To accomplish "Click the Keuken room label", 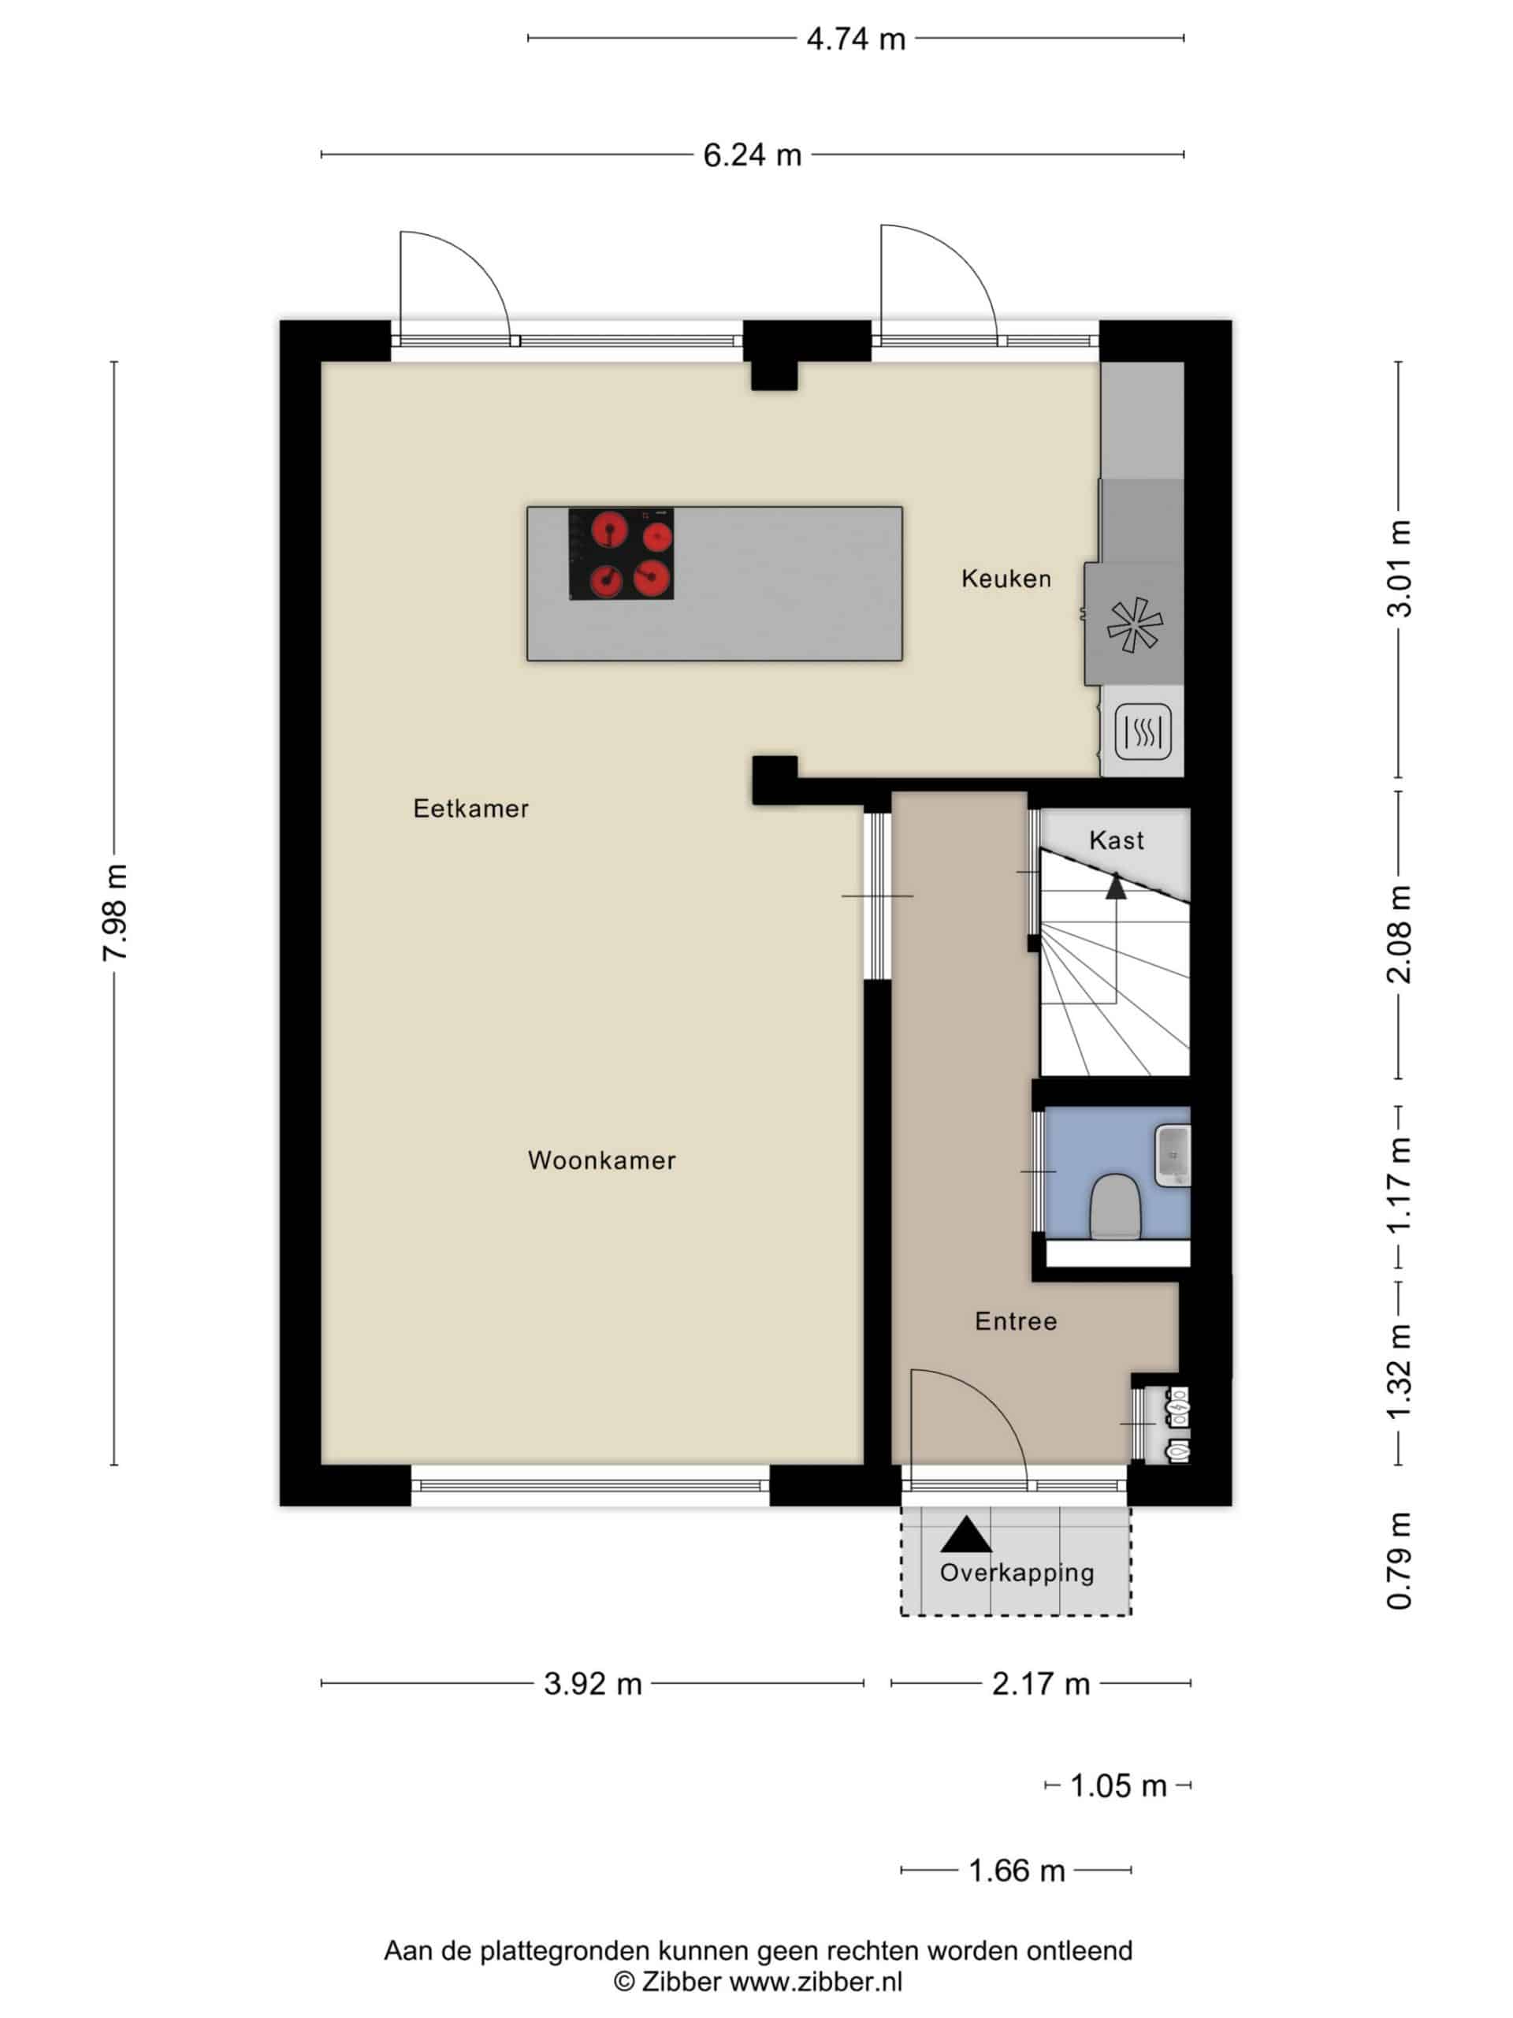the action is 1006,579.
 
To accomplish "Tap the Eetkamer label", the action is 470,808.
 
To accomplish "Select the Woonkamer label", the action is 602,1160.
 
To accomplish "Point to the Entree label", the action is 1016,1321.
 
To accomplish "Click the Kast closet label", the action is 1117,840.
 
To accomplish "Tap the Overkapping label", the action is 1017,1572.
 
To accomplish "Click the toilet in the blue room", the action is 1114,1207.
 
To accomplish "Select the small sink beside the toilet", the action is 1173,1156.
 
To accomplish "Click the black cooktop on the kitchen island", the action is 621,553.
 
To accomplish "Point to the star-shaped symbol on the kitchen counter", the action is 1135,625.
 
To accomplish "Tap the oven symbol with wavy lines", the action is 1143,732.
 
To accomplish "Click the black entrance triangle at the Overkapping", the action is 966,1535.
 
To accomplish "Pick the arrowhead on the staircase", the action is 1117,886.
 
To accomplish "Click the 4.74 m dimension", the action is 856,39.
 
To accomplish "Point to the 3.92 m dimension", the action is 593,1684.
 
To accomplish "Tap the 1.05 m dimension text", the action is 1118,1786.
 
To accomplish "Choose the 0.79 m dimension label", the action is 1399,1561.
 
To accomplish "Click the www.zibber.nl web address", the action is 816,1982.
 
